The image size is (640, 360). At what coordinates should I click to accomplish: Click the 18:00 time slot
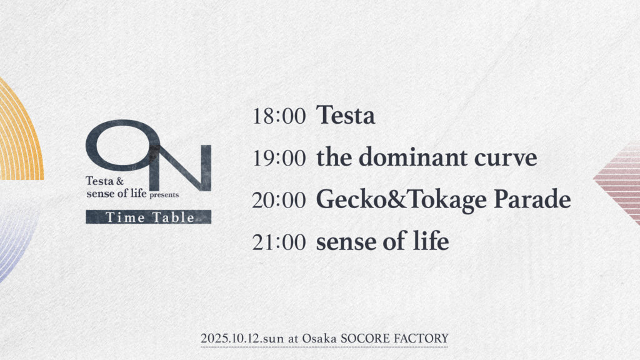click(x=279, y=116)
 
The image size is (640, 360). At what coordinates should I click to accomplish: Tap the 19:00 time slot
click(x=279, y=158)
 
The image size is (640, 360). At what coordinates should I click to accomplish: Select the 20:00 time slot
click(x=279, y=200)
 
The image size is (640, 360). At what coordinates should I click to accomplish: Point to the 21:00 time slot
click(x=279, y=242)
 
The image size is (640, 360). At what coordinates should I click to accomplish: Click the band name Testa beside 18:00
click(x=345, y=115)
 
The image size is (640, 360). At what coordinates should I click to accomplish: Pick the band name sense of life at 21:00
click(x=382, y=241)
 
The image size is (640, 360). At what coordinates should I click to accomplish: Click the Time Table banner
click(x=149, y=217)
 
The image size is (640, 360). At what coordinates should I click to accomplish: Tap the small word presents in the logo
click(x=164, y=195)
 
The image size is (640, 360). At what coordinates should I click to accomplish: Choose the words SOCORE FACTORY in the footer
click(x=394, y=338)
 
